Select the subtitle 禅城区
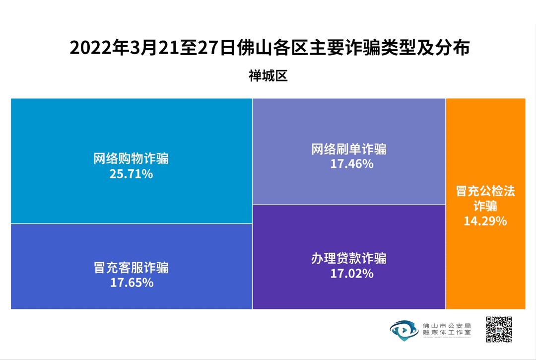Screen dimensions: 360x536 pyautogui.click(x=268, y=76)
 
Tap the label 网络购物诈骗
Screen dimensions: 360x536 pyautogui.click(x=131, y=159)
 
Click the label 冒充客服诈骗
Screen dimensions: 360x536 pyautogui.click(x=131, y=268)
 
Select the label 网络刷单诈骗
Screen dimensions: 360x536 pyautogui.click(x=349, y=148)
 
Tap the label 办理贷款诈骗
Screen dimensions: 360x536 pyautogui.click(x=349, y=258)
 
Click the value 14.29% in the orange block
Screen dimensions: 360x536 pyautogui.click(x=485, y=221)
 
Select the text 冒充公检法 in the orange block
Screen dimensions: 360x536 pyautogui.click(x=485, y=191)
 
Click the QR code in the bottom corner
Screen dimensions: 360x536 pyautogui.click(x=499, y=329)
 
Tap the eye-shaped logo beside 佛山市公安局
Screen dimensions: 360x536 pyautogui.click(x=403, y=329)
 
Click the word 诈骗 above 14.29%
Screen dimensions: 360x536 pyautogui.click(x=485, y=206)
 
